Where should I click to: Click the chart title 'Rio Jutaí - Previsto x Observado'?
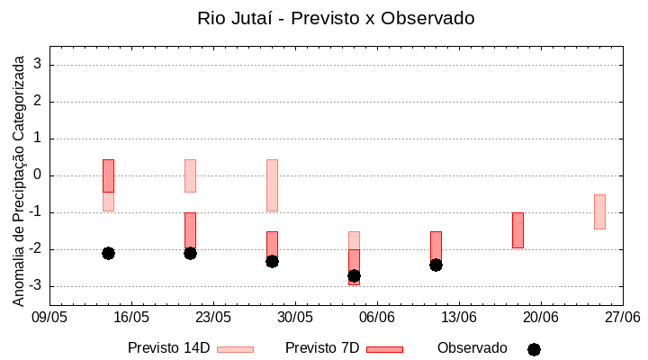point(336,18)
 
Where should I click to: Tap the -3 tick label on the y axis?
point(36,286)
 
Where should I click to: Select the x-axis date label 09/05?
point(49,318)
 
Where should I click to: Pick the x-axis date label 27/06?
point(622,318)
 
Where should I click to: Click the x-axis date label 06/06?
point(377,318)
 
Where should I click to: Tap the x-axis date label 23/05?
point(213,318)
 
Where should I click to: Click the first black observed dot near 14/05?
point(108,253)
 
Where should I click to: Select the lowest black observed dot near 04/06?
point(354,275)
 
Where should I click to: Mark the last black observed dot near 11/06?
point(436,265)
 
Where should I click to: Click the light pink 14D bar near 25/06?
point(599,211)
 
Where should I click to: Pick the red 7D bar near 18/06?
point(517,229)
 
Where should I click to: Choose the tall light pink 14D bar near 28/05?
point(272,184)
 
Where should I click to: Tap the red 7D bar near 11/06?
point(436,245)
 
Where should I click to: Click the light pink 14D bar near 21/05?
point(190,175)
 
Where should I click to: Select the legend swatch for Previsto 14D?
point(235,349)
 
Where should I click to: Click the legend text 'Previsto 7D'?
point(322,348)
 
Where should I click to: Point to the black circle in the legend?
point(534,349)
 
